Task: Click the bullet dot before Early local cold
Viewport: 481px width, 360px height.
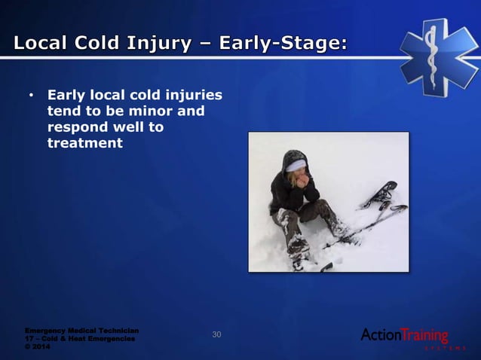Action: pyautogui.click(x=31, y=96)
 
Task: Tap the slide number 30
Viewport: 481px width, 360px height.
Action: pyautogui.click(x=216, y=334)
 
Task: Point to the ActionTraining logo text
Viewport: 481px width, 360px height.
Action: pyautogui.click(x=405, y=335)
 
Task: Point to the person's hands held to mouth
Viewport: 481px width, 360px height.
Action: pyautogui.click(x=302, y=181)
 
